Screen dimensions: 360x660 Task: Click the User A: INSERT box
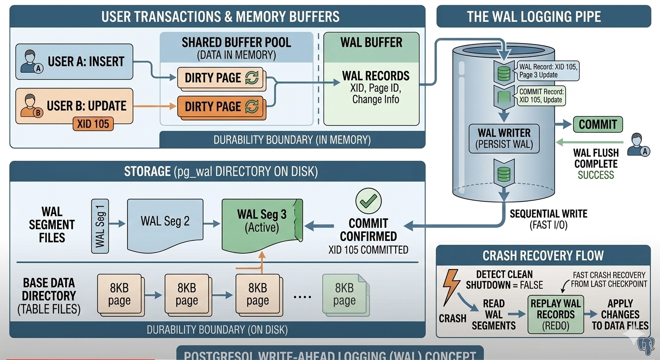(x=74, y=61)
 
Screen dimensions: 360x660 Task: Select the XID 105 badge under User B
(x=93, y=124)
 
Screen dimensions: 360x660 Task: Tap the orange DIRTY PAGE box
(x=221, y=106)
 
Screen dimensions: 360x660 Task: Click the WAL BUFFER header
(x=371, y=42)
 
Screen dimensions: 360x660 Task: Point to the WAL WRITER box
(x=504, y=138)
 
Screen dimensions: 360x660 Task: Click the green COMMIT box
(x=598, y=124)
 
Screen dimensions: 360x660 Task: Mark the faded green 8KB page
(x=344, y=294)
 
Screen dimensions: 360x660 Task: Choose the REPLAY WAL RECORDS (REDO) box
(x=555, y=315)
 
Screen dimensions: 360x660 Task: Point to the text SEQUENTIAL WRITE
(x=548, y=214)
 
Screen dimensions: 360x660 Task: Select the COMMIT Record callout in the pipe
(x=541, y=96)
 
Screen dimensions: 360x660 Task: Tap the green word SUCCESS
(x=595, y=175)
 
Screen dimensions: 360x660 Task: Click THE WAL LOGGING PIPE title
(x=543, y=17)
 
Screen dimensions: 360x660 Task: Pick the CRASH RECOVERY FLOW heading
(x=543, y=255)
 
